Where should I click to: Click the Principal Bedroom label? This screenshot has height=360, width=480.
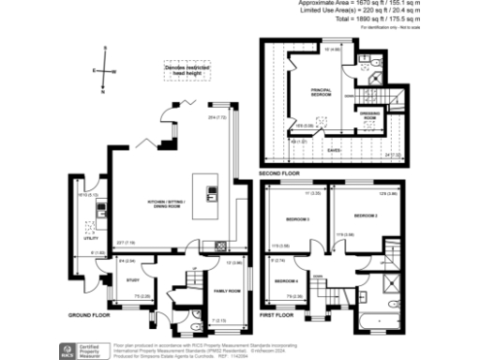(322, 92)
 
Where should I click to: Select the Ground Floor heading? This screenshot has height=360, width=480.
(89, 315)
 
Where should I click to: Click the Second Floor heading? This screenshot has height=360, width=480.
(277, 173)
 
